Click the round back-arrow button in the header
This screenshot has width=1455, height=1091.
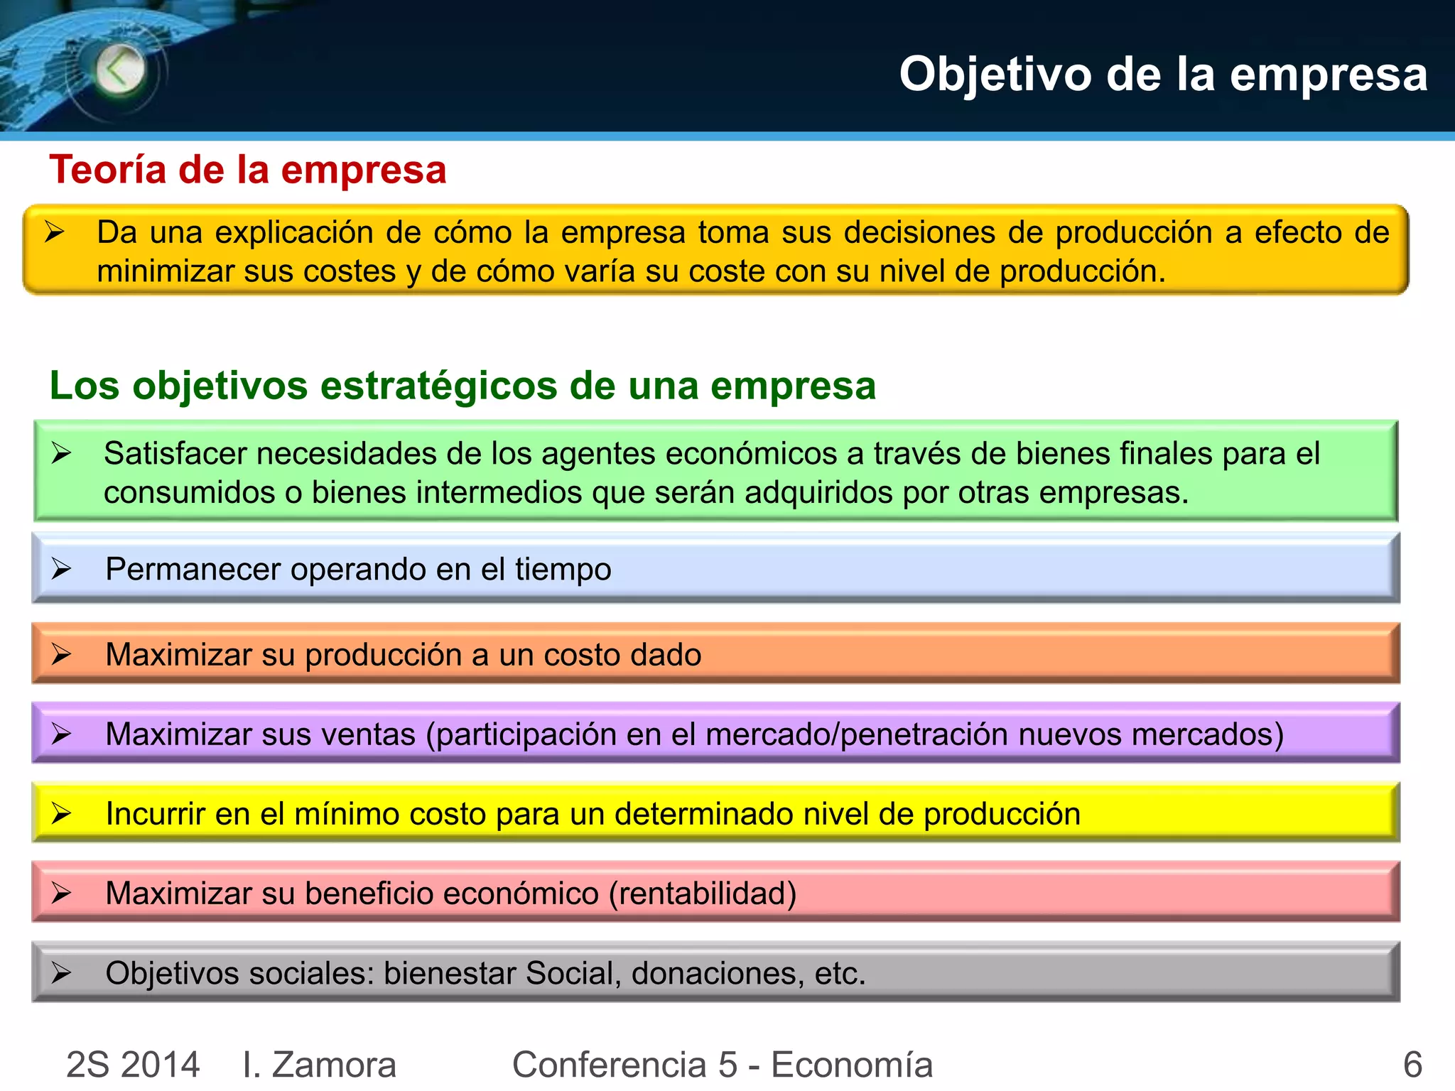click(119, 70)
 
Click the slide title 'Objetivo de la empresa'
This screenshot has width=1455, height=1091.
click(1163, 74)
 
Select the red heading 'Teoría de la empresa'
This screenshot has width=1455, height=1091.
click(247, 170)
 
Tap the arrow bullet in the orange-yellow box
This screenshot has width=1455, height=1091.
click(55, 232)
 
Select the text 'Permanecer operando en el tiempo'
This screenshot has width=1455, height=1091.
click(358, 570)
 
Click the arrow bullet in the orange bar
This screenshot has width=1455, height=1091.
click(61, 654)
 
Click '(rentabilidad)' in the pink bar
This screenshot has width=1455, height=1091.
click(703, 894)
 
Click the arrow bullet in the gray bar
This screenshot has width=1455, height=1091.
click(61, 972)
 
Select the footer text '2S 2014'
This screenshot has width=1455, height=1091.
click(133, 1064)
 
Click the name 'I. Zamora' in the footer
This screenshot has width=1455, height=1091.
click(319, 1064)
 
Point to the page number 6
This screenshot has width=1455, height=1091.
click(1412, 1064)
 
